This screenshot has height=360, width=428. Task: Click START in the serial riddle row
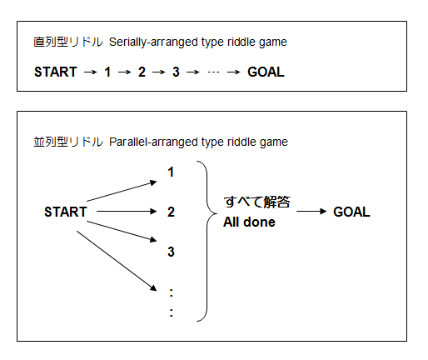[56, 72]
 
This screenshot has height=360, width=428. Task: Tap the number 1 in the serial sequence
[107, 72]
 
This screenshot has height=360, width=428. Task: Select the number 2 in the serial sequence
[142, 72]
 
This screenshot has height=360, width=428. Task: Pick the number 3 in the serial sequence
[176, 72]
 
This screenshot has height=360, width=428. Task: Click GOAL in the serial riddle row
[266, 72]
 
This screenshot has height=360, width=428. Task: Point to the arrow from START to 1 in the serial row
[91, 72]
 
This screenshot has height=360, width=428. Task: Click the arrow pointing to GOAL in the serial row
[233, 72]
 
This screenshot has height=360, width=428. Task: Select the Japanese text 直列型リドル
[68, 42]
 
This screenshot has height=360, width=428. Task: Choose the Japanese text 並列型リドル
[68, 142]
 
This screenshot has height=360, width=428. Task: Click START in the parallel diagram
[66, 212]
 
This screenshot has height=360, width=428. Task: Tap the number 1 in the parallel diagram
[171, 172]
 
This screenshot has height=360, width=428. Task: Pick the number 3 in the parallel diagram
[171, 252]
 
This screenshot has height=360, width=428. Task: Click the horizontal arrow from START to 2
[127, 212]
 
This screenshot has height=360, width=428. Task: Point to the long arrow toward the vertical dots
[117, 261]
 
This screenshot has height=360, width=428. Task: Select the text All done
[249, 222]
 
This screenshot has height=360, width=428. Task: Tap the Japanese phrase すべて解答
[256, 202]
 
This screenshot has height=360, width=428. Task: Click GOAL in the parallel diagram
[351, 212]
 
